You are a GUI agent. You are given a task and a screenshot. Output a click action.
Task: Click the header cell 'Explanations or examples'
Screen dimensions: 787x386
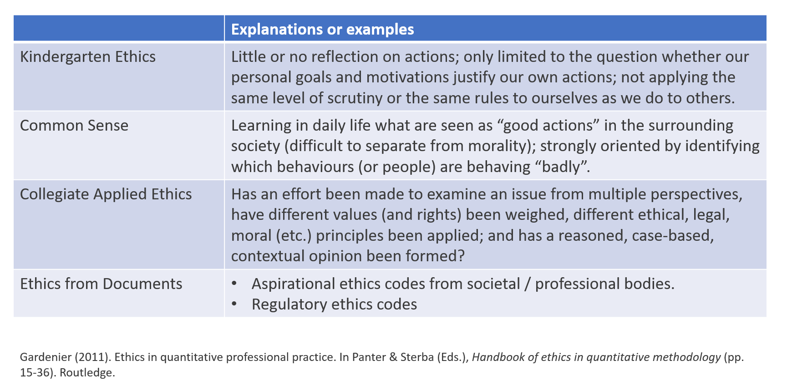pos(322,29)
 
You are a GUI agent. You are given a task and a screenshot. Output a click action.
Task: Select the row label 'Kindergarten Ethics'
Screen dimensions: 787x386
pos(88,57)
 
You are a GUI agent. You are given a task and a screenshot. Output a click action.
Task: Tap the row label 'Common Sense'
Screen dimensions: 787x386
pos(74,125)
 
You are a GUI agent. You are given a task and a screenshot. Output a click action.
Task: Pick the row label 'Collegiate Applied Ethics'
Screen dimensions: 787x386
pos(106,194)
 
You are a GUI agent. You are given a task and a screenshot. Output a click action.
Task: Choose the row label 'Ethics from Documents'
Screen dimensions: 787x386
pos(101,284)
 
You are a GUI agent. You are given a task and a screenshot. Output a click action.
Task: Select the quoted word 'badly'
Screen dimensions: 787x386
pos(562,167)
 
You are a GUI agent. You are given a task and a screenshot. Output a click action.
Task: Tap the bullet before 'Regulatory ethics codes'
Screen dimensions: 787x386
pos(234,304)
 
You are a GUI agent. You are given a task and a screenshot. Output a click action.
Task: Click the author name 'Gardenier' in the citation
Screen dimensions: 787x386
pos(46,357)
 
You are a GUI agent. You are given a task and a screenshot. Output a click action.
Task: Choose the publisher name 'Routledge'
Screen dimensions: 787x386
pos(87,373)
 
